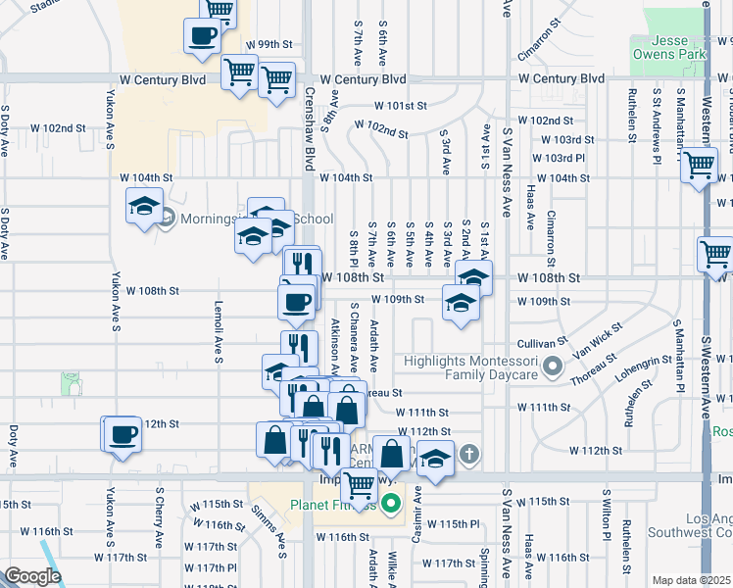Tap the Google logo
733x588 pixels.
click(x=32, y=576)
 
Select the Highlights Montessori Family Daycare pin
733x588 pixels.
click(x=552, y=368)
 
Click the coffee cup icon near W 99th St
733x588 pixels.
click(x=203, y=36)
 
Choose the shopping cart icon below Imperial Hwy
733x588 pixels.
click(x=361, y=483)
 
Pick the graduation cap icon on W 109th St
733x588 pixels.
click(x=460, y=302)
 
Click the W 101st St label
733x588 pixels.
click(x=400, y=105)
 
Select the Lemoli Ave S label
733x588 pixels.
click(x=218, y=331)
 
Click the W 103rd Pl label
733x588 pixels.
click(x=559, y=158)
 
